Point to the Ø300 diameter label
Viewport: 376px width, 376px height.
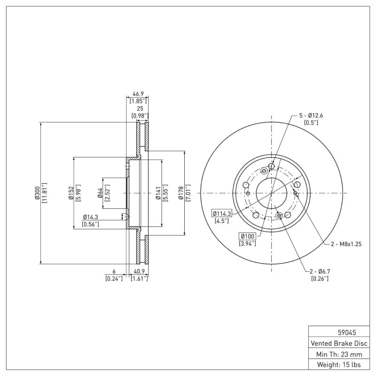[x=37, y=193]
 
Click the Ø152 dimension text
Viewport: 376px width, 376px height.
[x=69, y=193]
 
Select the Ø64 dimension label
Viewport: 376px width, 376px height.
[x=100, y=193]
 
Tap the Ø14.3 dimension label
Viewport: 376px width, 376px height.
[x=90, y=217]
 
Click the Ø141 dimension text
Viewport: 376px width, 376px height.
[x=158, y=193]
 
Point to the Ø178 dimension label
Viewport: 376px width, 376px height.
[x=180, y=193]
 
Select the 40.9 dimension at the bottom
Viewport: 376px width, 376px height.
[x=139, y=272]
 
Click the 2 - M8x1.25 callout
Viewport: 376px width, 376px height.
[x=346, y=244]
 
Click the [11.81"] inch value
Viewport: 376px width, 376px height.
[x=45, y=193]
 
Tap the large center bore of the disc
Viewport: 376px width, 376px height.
[x=272, y=193]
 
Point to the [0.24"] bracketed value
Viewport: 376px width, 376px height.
[x=114, y=279]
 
